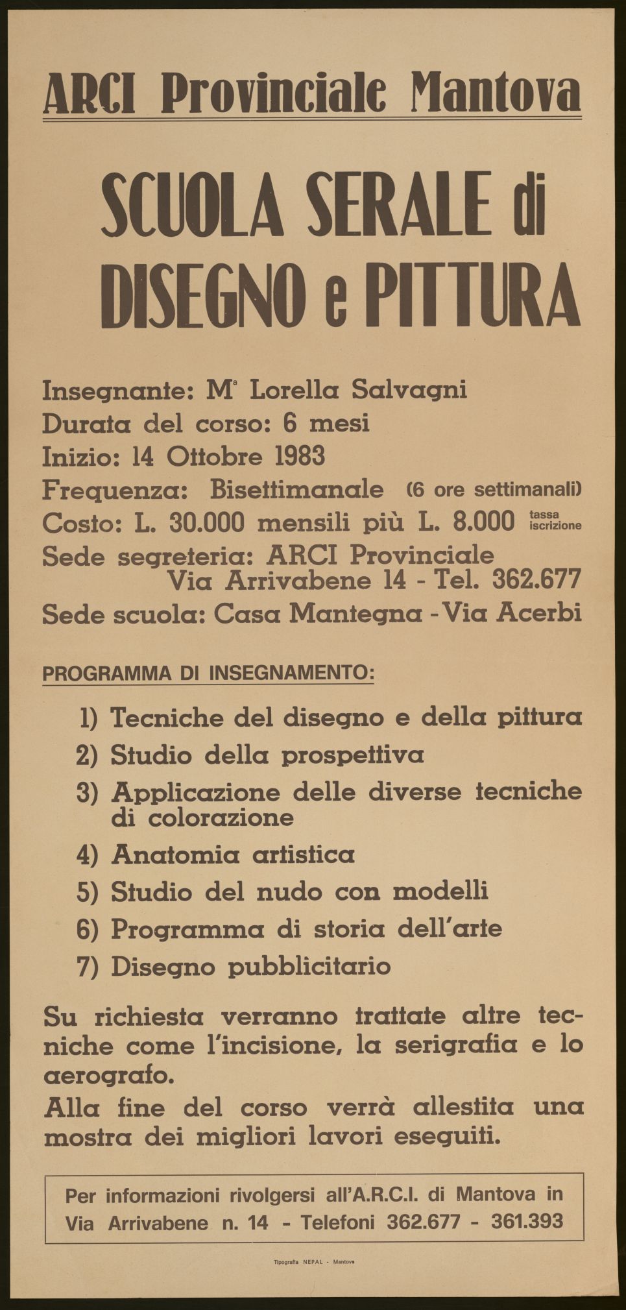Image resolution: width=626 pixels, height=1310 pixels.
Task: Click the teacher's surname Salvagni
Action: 409,391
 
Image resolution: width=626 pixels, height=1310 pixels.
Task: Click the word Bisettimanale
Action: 297,490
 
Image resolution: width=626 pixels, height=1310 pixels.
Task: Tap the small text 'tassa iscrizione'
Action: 555,520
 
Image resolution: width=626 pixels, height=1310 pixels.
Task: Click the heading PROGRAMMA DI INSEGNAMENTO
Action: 208,673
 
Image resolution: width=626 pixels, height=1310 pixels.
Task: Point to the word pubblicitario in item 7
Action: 310,967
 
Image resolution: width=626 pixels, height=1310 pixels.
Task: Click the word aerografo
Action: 109,1076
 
